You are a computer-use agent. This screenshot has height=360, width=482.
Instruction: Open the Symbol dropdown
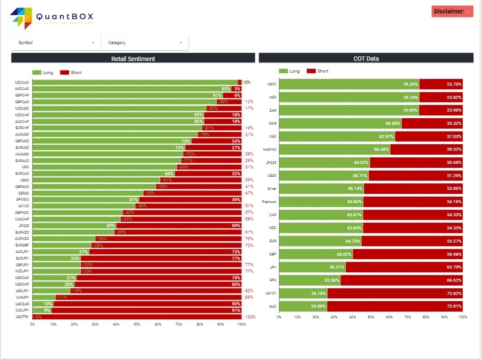tap(56, 43)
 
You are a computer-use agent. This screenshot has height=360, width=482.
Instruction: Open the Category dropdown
tap(145, 43)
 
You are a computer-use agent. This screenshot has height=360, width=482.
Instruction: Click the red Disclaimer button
tap(452, 11)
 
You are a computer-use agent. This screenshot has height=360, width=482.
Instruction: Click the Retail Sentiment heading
tap(133, 58)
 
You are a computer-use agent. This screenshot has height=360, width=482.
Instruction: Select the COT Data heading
tap(366, 58)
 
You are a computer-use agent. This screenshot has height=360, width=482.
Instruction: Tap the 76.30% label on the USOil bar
tap(410, 84)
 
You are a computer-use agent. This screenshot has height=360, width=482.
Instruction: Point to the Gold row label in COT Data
tap(272, 123)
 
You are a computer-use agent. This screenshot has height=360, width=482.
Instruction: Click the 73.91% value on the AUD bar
tap(454, 306)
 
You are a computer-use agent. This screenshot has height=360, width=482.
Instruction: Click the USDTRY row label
tap(22, 317)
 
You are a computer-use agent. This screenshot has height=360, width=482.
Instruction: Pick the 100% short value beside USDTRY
tap(250, 317)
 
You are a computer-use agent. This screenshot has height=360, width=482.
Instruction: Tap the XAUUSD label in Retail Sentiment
tap(22, 154)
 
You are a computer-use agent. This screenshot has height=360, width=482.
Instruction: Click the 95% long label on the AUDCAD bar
tap(225, 89)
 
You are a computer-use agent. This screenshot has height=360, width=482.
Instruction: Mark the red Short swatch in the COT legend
tap(311, 71)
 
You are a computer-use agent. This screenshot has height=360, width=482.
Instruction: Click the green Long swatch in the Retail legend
tap(36, 73)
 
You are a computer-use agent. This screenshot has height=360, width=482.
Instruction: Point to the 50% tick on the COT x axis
tap(371, 316)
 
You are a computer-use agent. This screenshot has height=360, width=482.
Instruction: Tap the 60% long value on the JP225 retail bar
tap(236, 225)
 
